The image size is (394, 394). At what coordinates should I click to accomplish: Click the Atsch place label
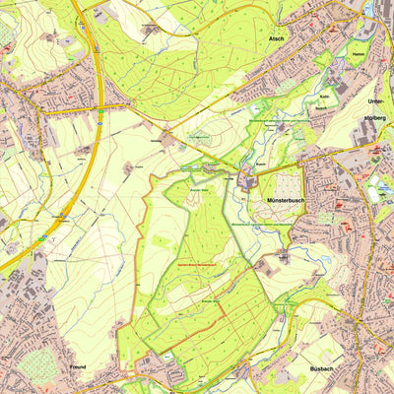click(276, 39)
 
